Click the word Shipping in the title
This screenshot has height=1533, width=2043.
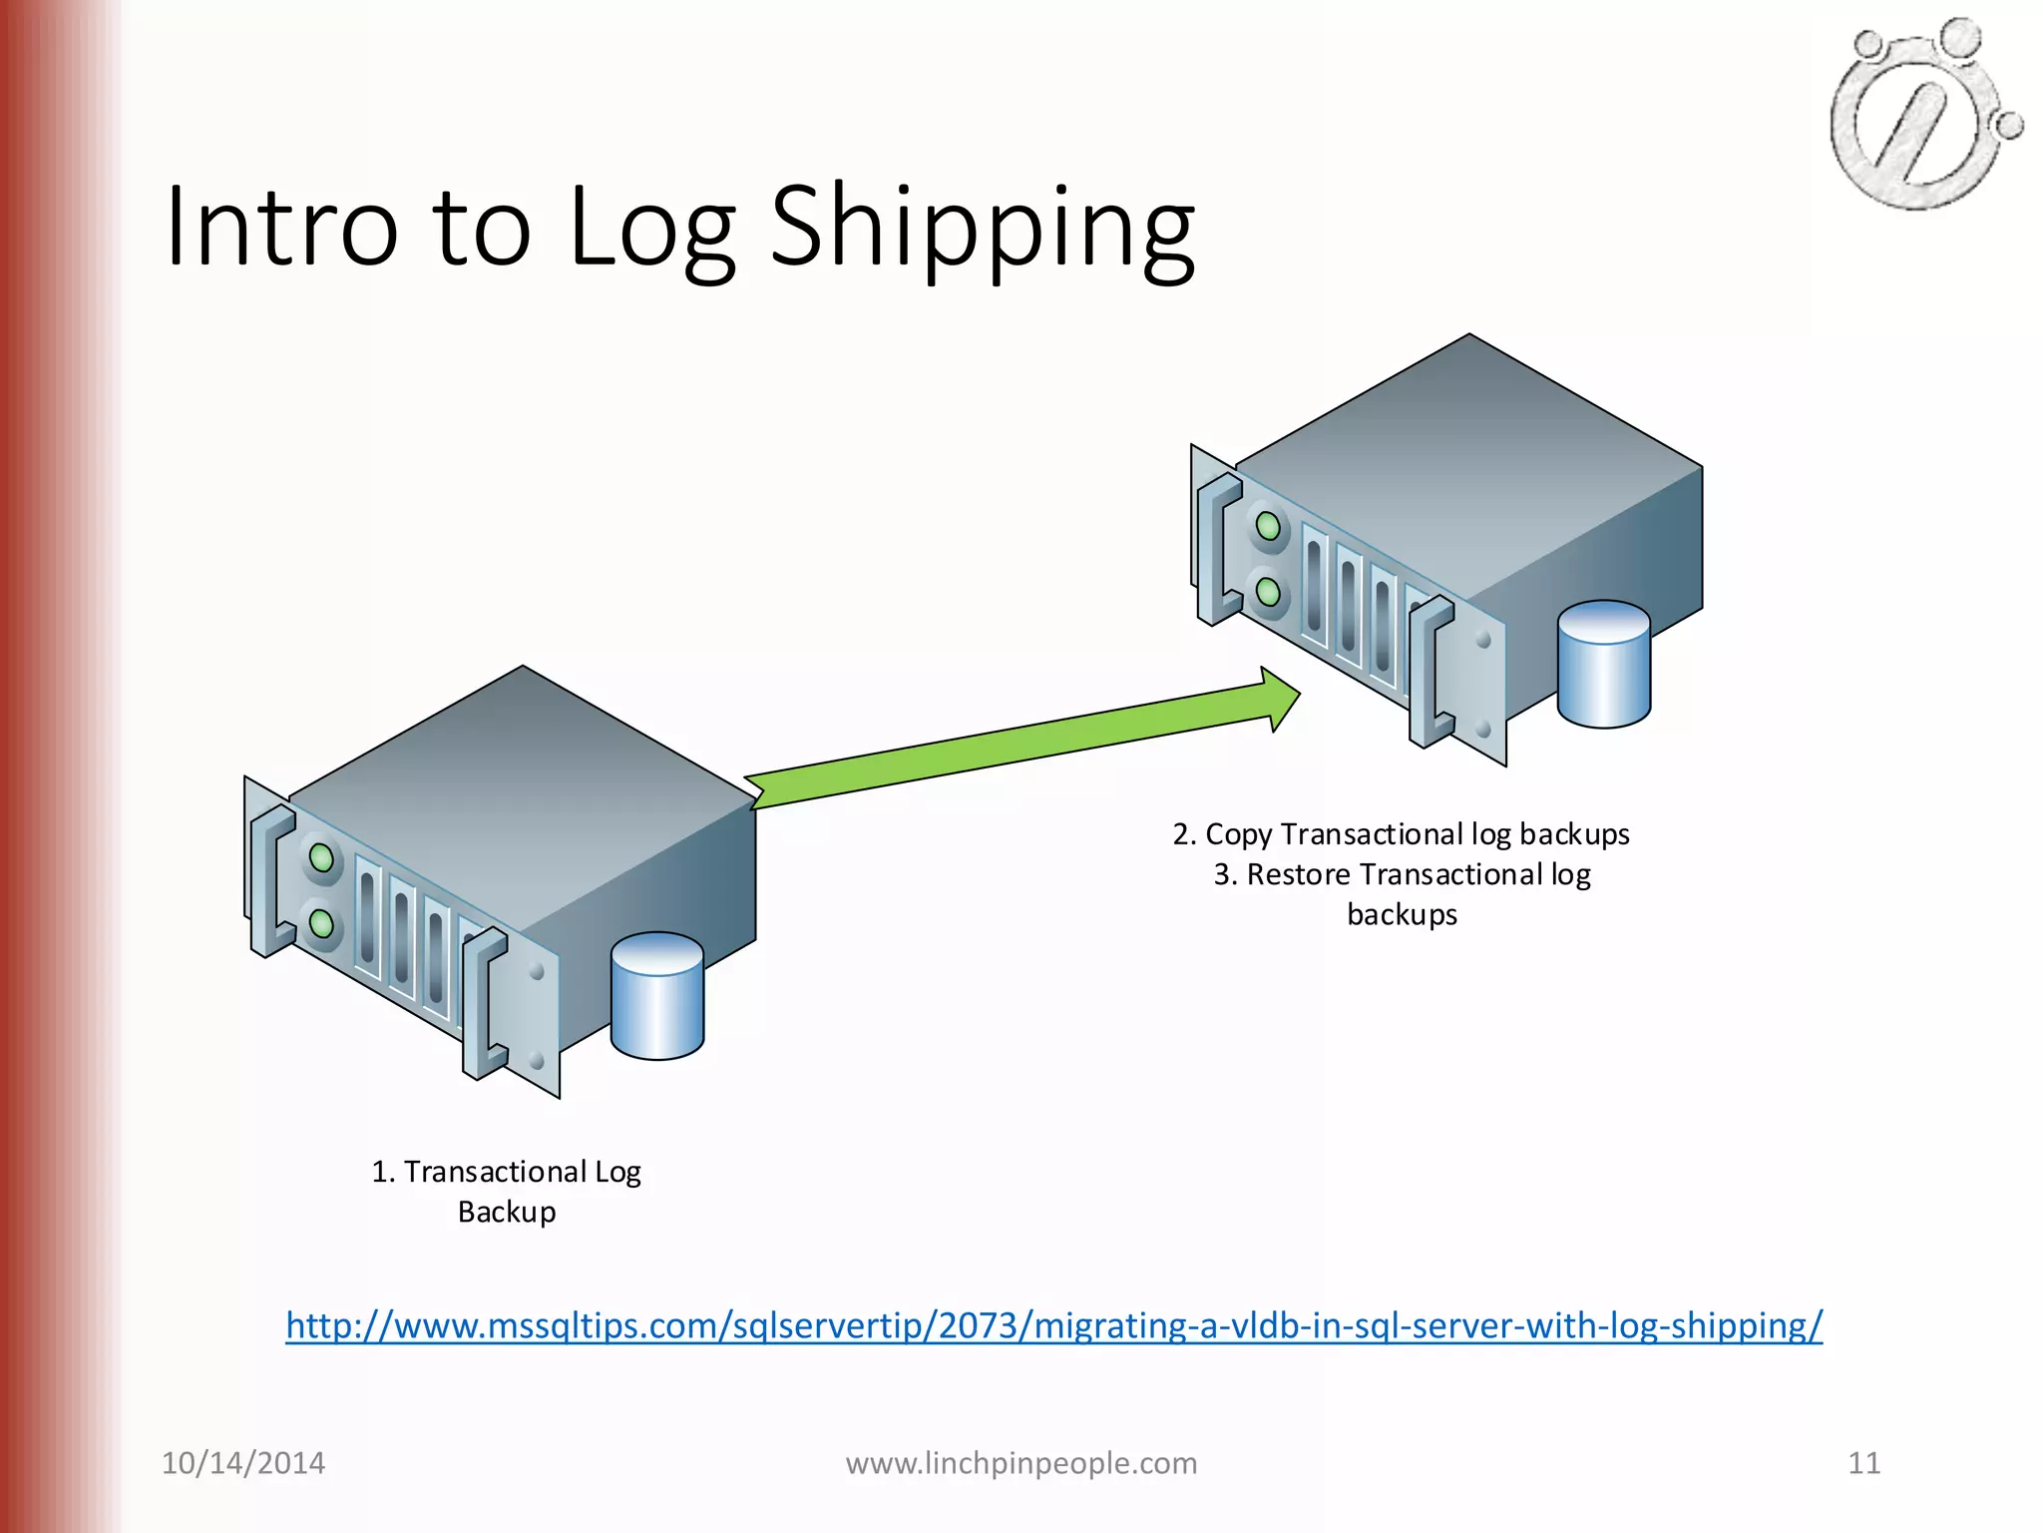[983, 230]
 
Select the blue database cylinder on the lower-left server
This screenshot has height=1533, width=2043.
[657, 996]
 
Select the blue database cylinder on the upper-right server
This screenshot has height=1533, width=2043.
[1603, 665]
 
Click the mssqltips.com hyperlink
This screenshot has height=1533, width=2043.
[1053, 1325]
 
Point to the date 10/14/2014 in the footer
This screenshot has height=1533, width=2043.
[243, 1463]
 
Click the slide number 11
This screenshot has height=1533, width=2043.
[1863, 1463]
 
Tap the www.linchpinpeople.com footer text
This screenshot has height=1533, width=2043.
[1021, 1463]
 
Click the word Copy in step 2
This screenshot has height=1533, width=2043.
[1238, 834]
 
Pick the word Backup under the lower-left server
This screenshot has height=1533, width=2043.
[507, 1212]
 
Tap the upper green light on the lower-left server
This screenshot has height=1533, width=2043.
[321, 857]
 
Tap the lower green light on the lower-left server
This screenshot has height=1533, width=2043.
[321, 923]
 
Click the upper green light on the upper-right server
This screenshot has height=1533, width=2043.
[1268, 526]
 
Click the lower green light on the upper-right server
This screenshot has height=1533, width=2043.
[1268, 592]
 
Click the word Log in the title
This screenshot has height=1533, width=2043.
[651, 230]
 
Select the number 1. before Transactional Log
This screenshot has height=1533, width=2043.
[383, 1172]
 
